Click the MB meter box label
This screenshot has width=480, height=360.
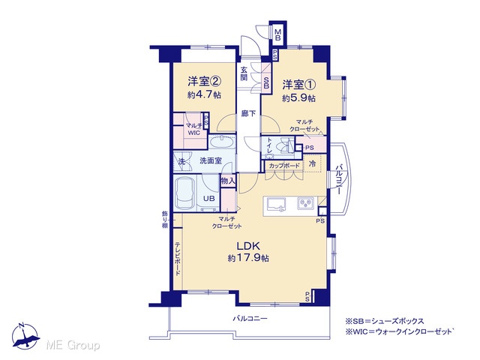tap(277, 34)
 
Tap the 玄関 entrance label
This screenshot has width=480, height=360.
tap(244, 73)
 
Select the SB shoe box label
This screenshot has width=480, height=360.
tap(266, 82)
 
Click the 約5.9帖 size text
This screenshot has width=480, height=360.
tap(298, 98)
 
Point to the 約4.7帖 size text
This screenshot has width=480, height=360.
tap(204, 94)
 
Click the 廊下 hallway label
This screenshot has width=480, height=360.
tap(248, 113)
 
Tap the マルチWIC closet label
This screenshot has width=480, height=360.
tap(193, 129)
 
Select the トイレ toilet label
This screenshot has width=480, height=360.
tap(270, 145)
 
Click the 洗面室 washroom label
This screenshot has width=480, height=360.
tap(211, 160)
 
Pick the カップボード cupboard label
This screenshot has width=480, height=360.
tap(284, 166)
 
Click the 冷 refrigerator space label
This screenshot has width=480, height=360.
tap(312, 163)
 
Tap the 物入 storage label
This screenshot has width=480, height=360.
tap(228, 181)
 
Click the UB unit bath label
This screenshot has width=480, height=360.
tap(209, 198)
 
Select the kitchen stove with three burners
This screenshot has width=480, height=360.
tap(306, 203)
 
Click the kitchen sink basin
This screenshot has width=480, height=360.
tap(277, 204)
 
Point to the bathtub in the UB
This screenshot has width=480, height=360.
tap(185, 193)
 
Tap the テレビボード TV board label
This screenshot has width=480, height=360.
tap(178, 259)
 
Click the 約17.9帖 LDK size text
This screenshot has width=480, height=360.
tap(248, 258)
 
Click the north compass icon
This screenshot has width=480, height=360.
tap(25, 337)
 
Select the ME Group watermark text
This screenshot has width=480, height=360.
tap(73, 345)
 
